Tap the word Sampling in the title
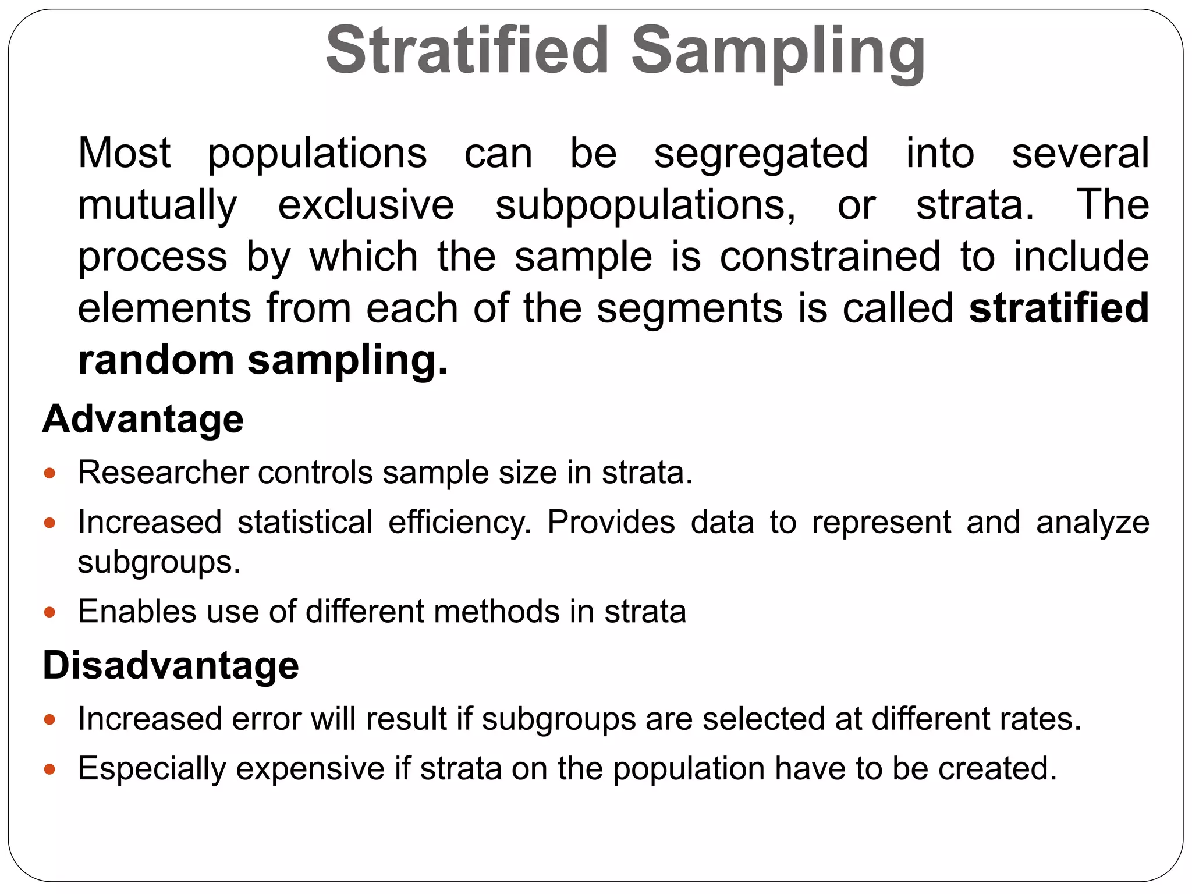(x=778, y=52)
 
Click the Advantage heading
(x=143, y=419)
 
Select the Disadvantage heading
(x=171, y=665)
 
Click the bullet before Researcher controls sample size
(x=49, y=473)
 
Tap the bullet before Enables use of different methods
(x=49, y=612)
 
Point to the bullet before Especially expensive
(x=49, y=769)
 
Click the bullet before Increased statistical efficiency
(x=49, y=523)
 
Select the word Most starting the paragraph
(x=124, y=153)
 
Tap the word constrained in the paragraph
(x=830, y=257)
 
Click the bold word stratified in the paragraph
(x=1059, y=308)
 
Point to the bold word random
(x=156, y=360)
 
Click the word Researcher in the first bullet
(x=164, y=472)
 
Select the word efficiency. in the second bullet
(x=460, y=523)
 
